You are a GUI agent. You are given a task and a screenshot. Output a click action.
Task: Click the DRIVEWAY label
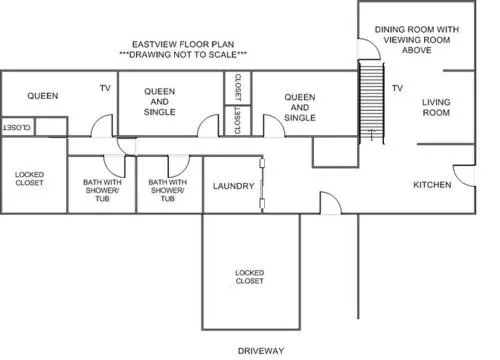(261, 351)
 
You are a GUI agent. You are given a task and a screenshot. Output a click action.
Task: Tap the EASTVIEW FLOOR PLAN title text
(183, 44)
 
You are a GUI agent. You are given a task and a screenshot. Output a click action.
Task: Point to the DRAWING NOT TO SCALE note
(183, 54)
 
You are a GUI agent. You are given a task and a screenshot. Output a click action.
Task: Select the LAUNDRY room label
(234, 186)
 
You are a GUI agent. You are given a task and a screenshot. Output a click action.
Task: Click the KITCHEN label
(432, 185)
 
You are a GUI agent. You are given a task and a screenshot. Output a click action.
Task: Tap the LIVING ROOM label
(436, 107)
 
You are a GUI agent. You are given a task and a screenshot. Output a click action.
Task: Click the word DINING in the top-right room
(388, 29)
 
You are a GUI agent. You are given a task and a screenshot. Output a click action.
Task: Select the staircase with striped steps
(371, 102)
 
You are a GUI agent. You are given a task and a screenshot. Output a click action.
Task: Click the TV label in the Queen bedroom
(105, 88)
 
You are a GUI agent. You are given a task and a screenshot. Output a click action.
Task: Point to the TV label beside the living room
(397, 88)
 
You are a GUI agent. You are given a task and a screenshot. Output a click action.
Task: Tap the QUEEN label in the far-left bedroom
(43, 96)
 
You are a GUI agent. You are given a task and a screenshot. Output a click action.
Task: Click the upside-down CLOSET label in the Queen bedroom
(17, 128)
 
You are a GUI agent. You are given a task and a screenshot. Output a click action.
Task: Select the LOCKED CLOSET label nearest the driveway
(249, 277)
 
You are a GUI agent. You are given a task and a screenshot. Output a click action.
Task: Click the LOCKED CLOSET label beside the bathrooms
(29, 179)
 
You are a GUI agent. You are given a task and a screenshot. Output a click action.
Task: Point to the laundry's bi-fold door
(262, 185)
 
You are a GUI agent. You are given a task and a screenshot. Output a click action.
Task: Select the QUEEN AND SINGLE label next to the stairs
(300, 107)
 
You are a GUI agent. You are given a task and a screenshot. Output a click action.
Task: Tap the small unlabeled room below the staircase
(335, 152)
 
